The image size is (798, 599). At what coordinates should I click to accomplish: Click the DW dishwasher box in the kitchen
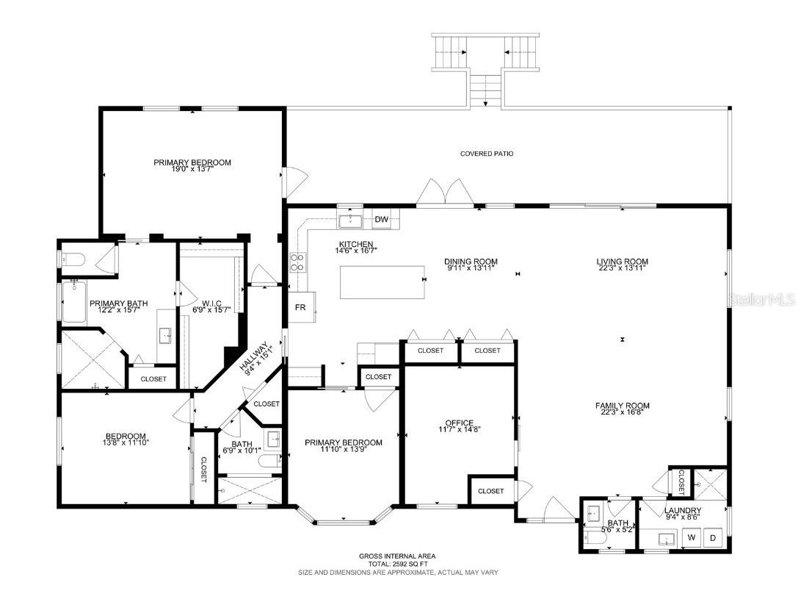[x=381, y=219]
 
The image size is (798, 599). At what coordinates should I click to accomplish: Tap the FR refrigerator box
[x=300, y=307]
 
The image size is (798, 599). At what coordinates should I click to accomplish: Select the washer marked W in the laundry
[x=691, y=538]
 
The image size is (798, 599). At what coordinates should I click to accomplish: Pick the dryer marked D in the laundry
[x=712, y=538]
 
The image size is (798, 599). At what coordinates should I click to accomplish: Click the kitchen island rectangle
[x=382, y=282]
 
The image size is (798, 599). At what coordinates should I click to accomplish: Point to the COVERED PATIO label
[x=486, y=154]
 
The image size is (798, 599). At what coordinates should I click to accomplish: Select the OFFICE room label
[x=459, y=423]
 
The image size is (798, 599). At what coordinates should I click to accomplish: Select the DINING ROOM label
[x=471, y=261]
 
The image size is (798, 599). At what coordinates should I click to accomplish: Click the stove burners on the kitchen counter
[x=298, y=262]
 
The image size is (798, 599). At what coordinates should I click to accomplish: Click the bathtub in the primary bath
[x=74, y=303]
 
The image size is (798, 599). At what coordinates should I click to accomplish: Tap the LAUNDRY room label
[x=682, y=511]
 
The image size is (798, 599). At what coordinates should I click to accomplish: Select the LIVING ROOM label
[x=622, y=261]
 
